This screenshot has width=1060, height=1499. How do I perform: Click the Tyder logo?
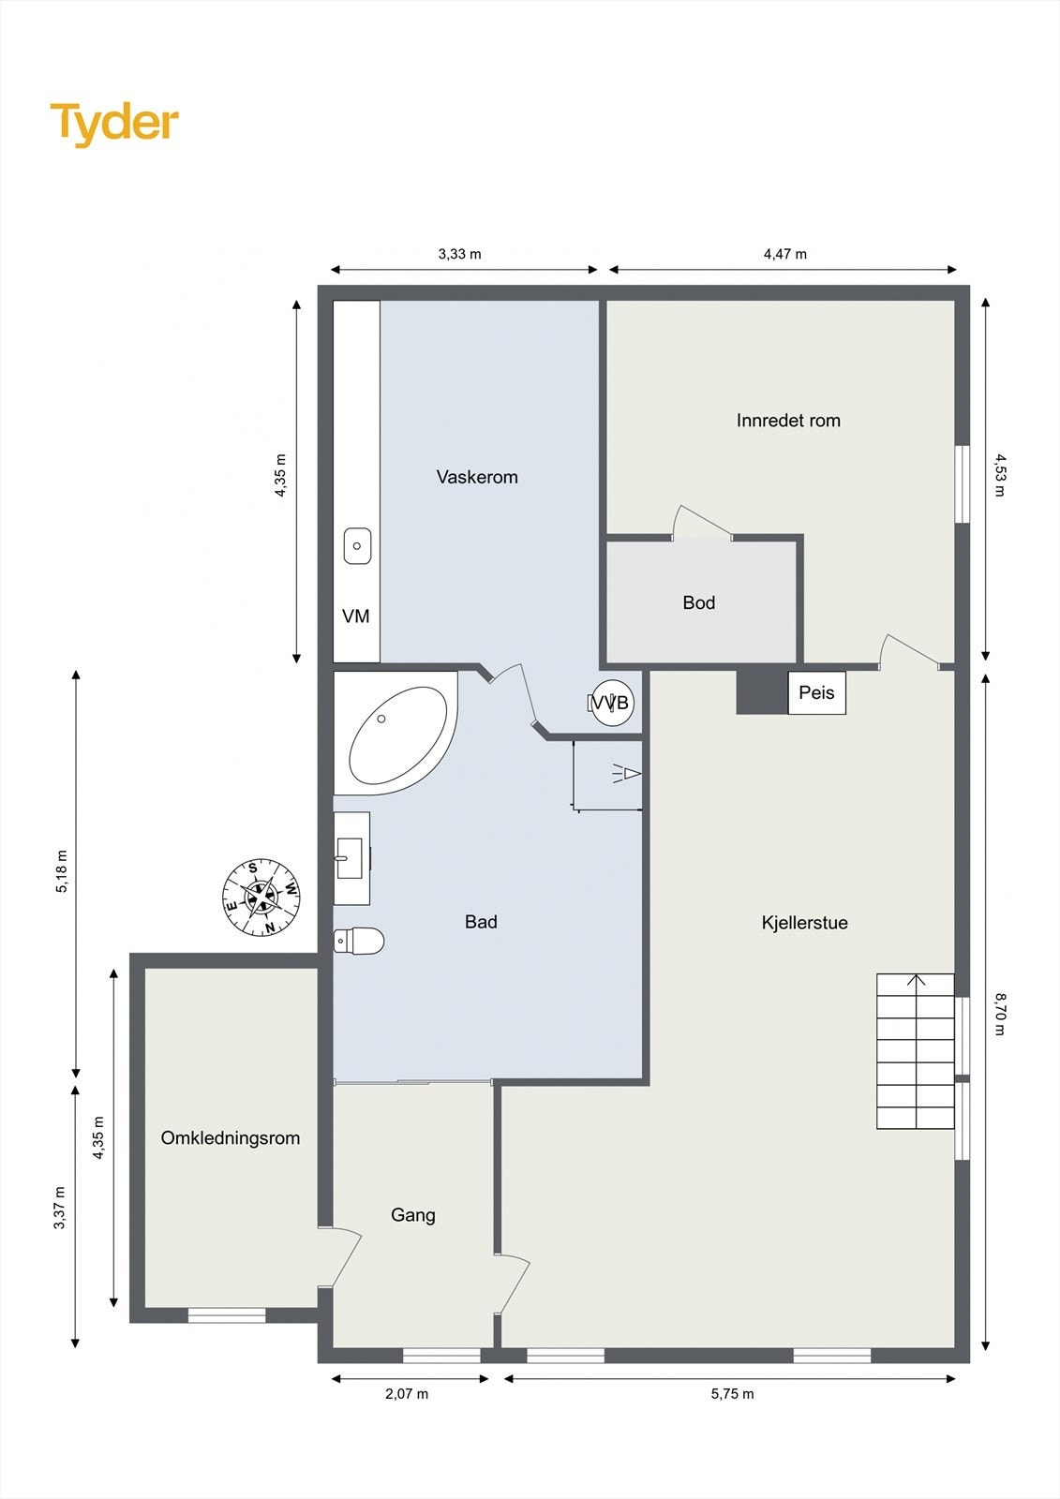coord(114,125)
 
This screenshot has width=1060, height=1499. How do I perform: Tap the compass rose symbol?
coord(261,898)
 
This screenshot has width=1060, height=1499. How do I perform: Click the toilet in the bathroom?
coord(359,941)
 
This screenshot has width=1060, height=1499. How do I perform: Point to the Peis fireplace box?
coord(816,692)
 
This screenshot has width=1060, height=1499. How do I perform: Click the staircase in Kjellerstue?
coord(916,1050)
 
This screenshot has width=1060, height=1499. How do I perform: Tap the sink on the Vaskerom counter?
coord(357,546)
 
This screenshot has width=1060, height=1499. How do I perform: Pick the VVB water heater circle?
coord(612,702)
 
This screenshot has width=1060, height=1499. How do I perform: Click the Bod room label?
coord(699,603)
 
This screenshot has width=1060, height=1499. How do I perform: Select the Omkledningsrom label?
coord(231,1138)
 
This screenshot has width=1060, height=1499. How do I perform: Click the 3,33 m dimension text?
coord(460,254)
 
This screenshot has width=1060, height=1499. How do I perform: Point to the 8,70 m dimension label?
coord(999,1014)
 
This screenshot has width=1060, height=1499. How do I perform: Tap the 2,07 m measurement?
coord(407,1394)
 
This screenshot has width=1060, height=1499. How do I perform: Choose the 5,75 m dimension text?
coord(733,1394)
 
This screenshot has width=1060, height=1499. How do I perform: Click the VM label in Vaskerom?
coord(355,616)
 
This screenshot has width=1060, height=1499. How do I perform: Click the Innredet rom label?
coord(788,421)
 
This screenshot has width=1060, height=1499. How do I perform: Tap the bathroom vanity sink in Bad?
coord(351,858)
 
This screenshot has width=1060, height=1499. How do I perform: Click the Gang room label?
coord(413,1215)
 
